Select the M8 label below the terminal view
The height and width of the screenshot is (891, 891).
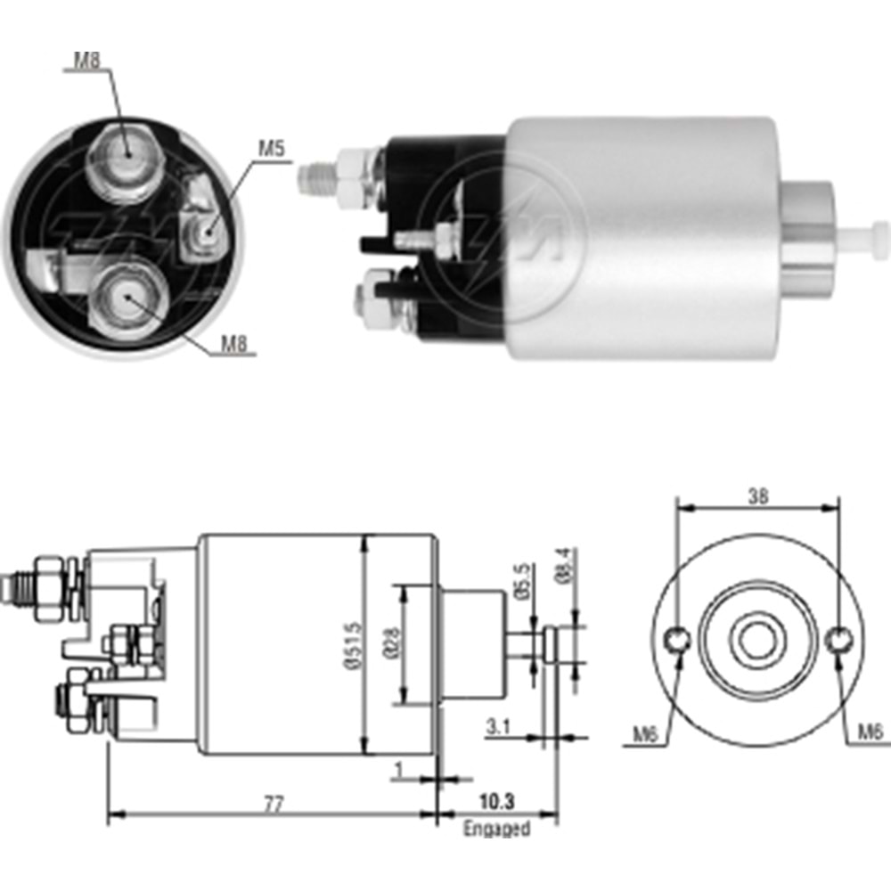tap(233, 346)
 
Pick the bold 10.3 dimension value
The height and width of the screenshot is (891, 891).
tap(496, 802)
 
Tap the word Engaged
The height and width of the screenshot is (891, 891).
tap(496, 830)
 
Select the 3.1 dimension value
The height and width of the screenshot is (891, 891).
tap(498, 727)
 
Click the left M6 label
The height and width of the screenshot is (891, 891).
tap(646, 733)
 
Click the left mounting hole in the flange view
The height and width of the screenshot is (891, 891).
tap(678, 639)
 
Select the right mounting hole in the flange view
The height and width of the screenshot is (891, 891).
tap(838, 639)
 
